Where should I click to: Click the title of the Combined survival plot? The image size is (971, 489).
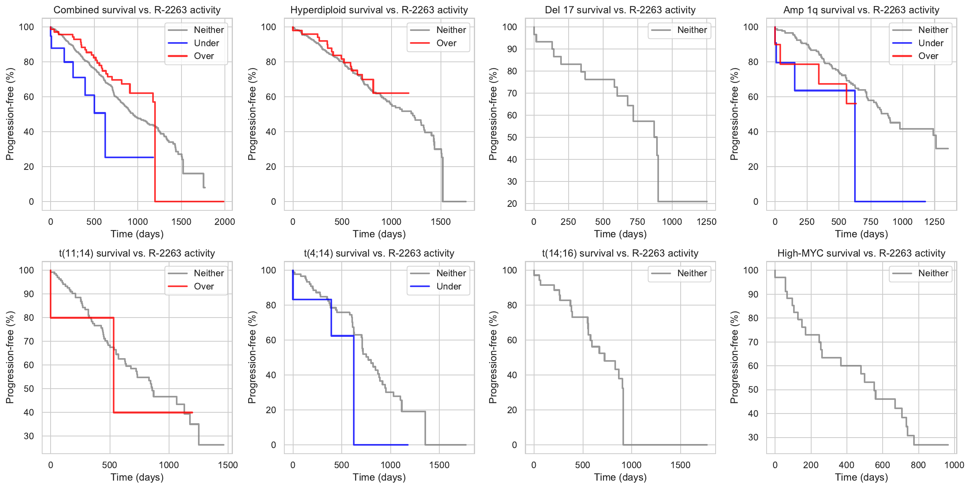click(x=137, y=10)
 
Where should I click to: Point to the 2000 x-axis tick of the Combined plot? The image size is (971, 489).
click(x=224, y=222)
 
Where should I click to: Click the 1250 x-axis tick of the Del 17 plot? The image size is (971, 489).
click(x=706, y=222)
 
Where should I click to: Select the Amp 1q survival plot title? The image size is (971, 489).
click(x=861, y=10)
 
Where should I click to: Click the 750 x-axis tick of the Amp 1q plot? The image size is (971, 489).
click(x=871, y=222)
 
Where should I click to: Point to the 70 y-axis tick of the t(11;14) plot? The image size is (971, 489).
click(x=29, y=341)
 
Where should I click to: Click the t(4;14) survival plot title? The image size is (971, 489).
click(x=379, y=253)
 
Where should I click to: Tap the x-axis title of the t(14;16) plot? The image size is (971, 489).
click(x=620, y=477)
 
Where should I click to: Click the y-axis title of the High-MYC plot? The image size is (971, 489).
click(x=734, y=357)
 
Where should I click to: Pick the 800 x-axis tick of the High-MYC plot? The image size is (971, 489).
click(x=918, y=465)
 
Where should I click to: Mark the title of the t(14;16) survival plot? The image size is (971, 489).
click(x=620, y=253)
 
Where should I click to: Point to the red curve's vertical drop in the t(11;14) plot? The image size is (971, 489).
click(x=114, y=365)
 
